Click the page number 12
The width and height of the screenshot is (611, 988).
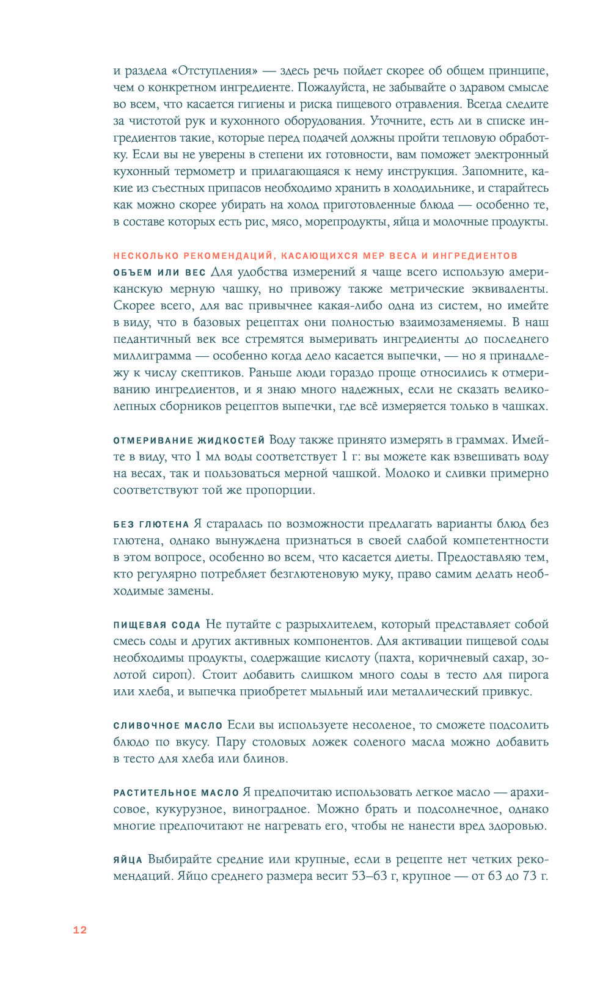click(80, 930)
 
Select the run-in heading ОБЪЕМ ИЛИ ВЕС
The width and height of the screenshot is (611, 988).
click(159, 273)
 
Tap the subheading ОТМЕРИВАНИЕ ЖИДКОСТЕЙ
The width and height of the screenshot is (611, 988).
click(189, 441)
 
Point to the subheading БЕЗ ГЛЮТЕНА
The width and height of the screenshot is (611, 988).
click(151, 524)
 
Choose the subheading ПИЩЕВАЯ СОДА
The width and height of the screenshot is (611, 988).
click(157, 625)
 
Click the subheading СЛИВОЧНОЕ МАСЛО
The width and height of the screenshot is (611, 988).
click(168, 726)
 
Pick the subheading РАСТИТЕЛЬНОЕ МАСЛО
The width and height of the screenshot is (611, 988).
click(176, 793)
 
